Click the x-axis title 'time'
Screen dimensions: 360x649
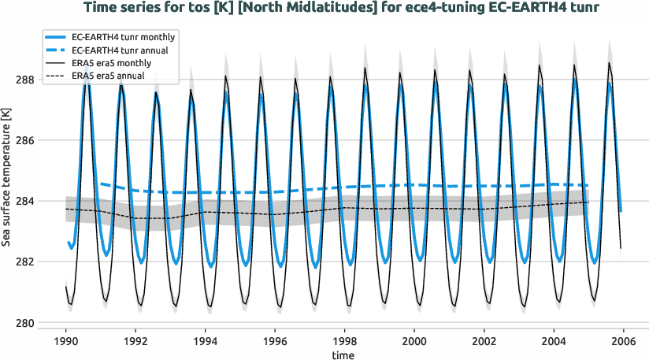[343, 355]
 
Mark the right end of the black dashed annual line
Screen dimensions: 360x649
[588, 202]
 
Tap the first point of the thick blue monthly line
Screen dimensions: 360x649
[68, 242]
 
